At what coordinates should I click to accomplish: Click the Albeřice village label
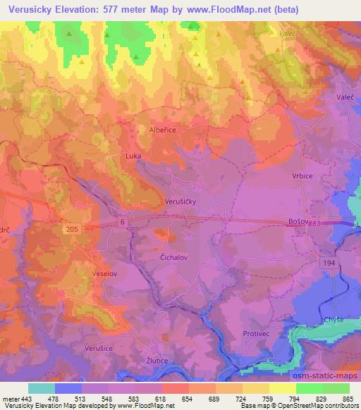pos(162,130)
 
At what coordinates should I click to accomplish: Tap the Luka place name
pos(133,156)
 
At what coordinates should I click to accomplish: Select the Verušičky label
pos(180,201)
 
